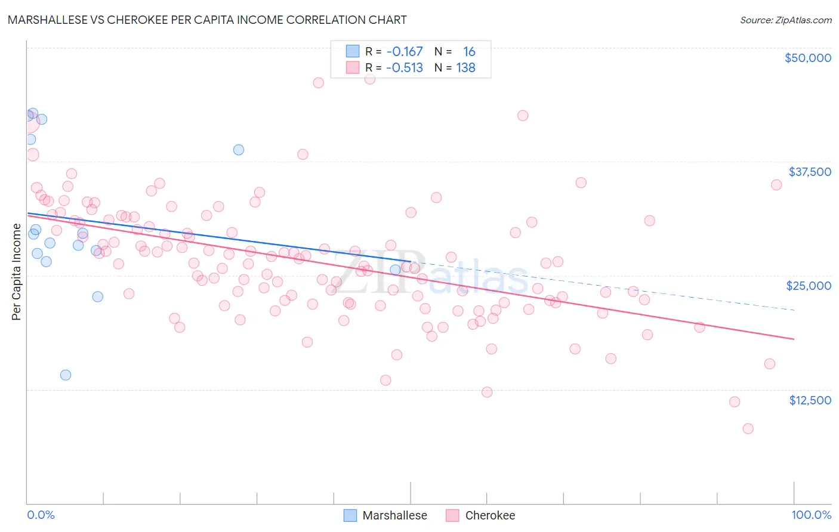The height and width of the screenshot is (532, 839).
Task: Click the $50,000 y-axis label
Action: coord(807,58)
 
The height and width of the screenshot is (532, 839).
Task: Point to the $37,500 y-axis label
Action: coord(809,172)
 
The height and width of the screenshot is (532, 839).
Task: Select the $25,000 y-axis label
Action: coord(808,286)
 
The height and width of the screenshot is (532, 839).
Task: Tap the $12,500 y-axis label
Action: coord(810,400)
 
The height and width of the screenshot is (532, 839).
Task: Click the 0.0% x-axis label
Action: coord(41,515)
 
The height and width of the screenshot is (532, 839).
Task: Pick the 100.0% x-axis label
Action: coord(811,515)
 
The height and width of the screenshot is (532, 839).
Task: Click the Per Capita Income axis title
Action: coord(17,272)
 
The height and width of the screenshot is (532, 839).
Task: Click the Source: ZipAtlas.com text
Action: coord(785,20)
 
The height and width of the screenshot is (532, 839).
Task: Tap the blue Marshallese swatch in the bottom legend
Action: coord(350,515)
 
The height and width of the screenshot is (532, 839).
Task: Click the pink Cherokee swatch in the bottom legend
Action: coord(453,515)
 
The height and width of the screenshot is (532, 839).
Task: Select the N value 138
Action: coord(465,68)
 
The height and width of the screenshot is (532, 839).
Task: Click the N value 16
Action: coord(469,52)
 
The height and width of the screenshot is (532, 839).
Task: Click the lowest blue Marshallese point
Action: coord(66,375)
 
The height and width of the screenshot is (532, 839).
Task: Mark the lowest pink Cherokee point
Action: coord(748,429)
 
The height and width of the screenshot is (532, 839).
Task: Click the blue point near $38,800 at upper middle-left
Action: coord(239,150)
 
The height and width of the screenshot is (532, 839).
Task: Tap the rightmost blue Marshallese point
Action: coord(395,270)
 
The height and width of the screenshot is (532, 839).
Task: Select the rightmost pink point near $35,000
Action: coord(776,185)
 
